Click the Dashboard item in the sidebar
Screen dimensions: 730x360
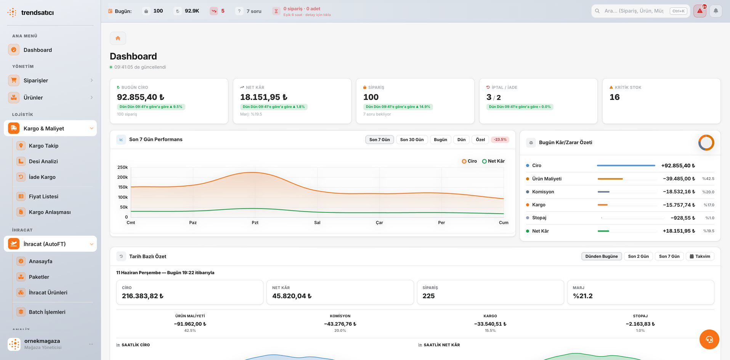[37, 50]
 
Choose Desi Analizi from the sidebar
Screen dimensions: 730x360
[43, 161]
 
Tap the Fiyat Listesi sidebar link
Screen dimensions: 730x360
[43, 196]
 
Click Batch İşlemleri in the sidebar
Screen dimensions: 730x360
[47, 312]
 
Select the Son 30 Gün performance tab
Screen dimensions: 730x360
[412, 140]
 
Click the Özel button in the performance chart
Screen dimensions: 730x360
[480, 140]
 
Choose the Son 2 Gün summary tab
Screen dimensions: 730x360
[638, 256]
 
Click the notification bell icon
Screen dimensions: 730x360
[716, 11]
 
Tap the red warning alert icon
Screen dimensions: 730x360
[700, 11]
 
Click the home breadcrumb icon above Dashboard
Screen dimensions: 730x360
[118, 38]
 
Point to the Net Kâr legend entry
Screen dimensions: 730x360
[493, 161]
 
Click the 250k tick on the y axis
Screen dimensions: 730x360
[122, 167]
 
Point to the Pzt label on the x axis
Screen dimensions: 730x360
[255, 223]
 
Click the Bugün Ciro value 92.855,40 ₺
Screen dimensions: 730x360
[140, 97]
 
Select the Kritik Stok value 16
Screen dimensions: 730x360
[614, 97]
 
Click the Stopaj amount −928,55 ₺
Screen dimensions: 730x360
[683, 218]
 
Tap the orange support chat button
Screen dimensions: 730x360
[709, 339]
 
